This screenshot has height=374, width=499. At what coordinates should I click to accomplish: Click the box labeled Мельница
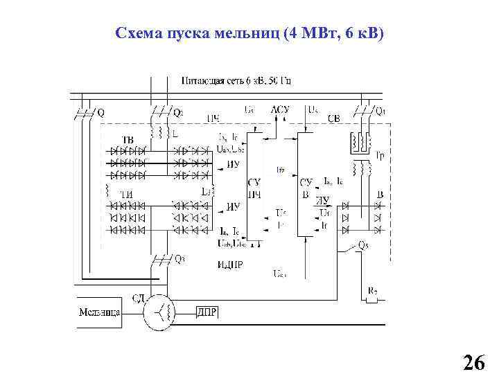(100, 312)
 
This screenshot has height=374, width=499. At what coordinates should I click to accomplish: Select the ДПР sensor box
(207, 312)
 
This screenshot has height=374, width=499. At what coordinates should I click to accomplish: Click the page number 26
(473, 362)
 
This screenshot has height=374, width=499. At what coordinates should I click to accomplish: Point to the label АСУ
(280, 109)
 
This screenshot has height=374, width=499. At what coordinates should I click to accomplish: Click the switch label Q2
(178, 111)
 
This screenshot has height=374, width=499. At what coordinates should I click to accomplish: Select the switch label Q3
(180, 259)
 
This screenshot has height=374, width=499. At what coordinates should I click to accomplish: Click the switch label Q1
(380, 111)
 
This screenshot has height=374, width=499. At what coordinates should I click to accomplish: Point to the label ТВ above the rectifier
(128, 140)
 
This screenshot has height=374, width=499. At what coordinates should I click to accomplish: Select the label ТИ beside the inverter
(127, 194)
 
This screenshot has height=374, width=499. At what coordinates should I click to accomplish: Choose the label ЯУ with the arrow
(322, 199)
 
